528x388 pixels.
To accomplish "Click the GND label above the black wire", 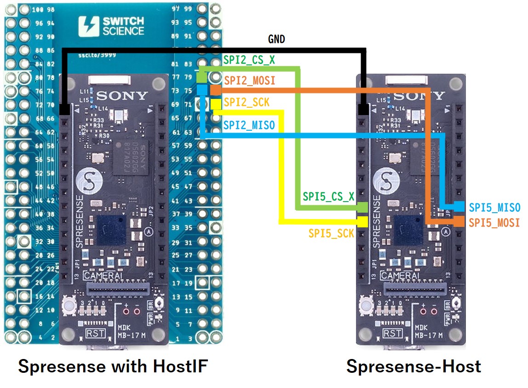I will pos(276,40).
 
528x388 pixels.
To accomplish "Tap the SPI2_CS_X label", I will pos(249,60).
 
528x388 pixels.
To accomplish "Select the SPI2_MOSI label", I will pos(250,81).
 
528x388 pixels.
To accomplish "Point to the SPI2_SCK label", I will pos(247,102).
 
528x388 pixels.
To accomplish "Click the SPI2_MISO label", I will pos(249,125).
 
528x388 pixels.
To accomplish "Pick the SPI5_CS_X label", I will pos(328,197).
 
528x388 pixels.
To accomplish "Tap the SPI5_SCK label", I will pos(331,233).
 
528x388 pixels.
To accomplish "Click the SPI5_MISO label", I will pos(494,208).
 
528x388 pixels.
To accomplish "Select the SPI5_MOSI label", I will pos(494,223).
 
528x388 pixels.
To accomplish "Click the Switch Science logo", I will pos(111,26).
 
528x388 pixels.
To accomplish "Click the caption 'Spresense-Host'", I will pos(413,367).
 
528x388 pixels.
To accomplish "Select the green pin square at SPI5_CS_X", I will pos(363,207).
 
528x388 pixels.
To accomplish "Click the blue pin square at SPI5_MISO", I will pos(459,207).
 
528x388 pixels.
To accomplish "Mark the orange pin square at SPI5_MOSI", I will pos(459,222).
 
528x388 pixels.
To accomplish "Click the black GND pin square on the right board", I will pos(363,110).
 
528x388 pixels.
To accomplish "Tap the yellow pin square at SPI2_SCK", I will pos(216,105).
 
